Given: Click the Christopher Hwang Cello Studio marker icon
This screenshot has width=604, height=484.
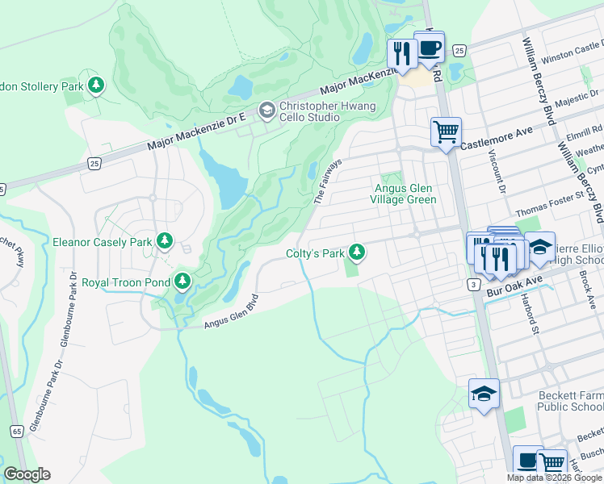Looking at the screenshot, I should pyautogui.click(x=266, y=109).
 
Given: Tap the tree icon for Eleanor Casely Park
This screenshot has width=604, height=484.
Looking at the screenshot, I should pyautogui.click(x=165, y=240).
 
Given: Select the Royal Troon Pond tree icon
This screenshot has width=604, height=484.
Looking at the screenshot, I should pyautogui.click(x=183, y=282).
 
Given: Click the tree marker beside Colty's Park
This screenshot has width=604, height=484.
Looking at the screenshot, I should pyautogui.click(x=355, y=253).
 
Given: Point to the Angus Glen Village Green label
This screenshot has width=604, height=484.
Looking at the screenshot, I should pyautogui.click(x=404, y=194).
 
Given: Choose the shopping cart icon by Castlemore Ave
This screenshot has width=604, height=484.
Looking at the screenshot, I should pyautogui.click(x=446, y=131).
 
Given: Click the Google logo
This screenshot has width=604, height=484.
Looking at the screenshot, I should pyautogui.click(x=27, y=474).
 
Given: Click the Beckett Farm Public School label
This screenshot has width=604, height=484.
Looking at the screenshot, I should pyautogui.click(x=570, y=402).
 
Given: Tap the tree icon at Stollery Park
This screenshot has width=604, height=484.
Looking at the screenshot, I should pyautogui.click(x=96, y=85).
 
